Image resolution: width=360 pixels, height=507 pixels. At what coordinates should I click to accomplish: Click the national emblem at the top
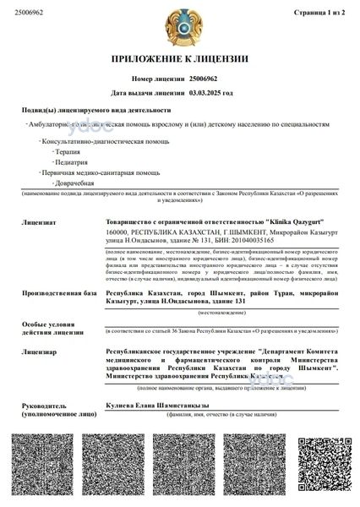(180, 26)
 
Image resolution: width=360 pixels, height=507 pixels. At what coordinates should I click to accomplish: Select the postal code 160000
(120, 231)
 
